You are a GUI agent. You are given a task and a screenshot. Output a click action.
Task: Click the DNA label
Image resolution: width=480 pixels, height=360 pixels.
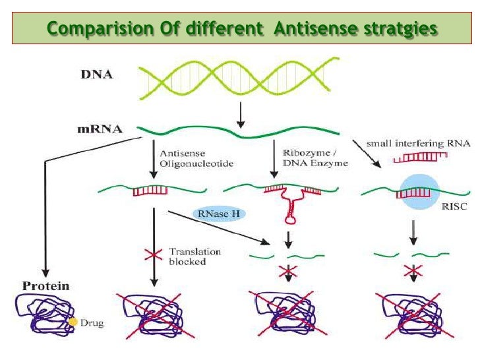coord(96,75)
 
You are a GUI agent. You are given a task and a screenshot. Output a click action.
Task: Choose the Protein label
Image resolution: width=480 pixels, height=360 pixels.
coord(46,286)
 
